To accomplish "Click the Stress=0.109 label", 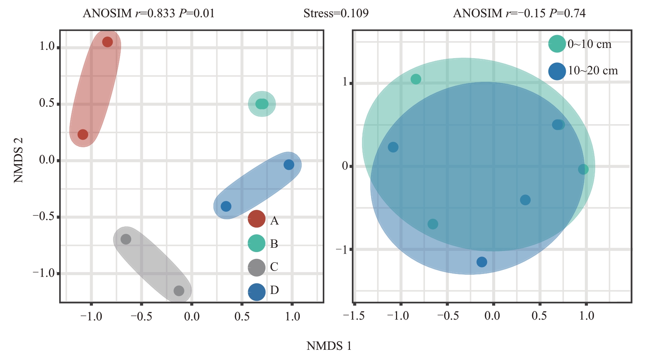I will pos(336,14).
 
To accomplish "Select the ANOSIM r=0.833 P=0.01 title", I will pos(149,14).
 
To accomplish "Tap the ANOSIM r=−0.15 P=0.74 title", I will pos(519,14).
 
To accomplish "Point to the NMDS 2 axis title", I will pos(18,160).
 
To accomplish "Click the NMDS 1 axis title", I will pos(329,346).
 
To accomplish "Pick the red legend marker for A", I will pos(256,219).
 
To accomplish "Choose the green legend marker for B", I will pos(256,243).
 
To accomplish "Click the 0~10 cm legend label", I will pos(589,45).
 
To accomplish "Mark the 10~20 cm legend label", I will pos(593,71).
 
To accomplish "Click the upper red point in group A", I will pos(107,42).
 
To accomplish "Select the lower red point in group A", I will pos(83,134).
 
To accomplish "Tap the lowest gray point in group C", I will pos(179,291).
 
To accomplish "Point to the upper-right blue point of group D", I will pos(289,165).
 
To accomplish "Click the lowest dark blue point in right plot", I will pos(482,262).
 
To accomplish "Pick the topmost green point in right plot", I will pos(416,79).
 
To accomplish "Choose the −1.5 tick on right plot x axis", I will pos(354,315).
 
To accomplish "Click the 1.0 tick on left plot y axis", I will pos(47,46).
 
